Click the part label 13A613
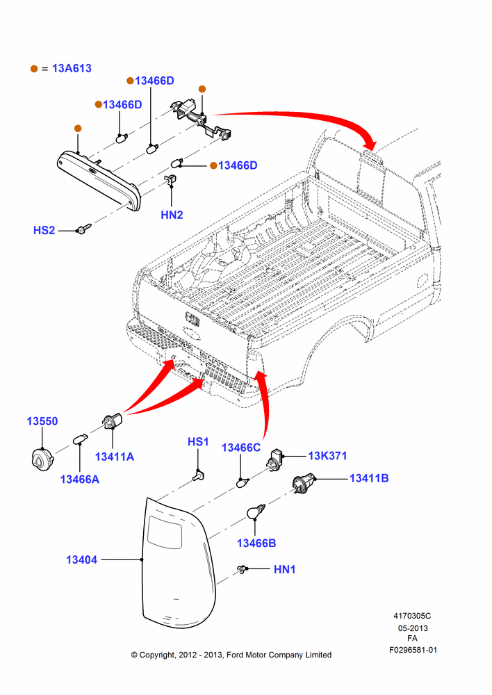coord(72,68)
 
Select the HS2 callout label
coord(44,231)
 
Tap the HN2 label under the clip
coord(172,215)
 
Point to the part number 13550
coord(42,421)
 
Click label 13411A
coord(115,457)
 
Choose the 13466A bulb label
coord(80,479)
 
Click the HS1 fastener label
coord(197,442)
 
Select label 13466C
coord(241,448)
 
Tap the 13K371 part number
coord(327,456)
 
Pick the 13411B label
coord(369,478)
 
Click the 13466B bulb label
coord(256,543)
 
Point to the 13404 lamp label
coord(81,559)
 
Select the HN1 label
coord(284,569)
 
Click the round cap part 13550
coord(42,459)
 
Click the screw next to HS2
coord(83,229)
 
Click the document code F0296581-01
coord(413,651)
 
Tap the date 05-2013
coord(413,628)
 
